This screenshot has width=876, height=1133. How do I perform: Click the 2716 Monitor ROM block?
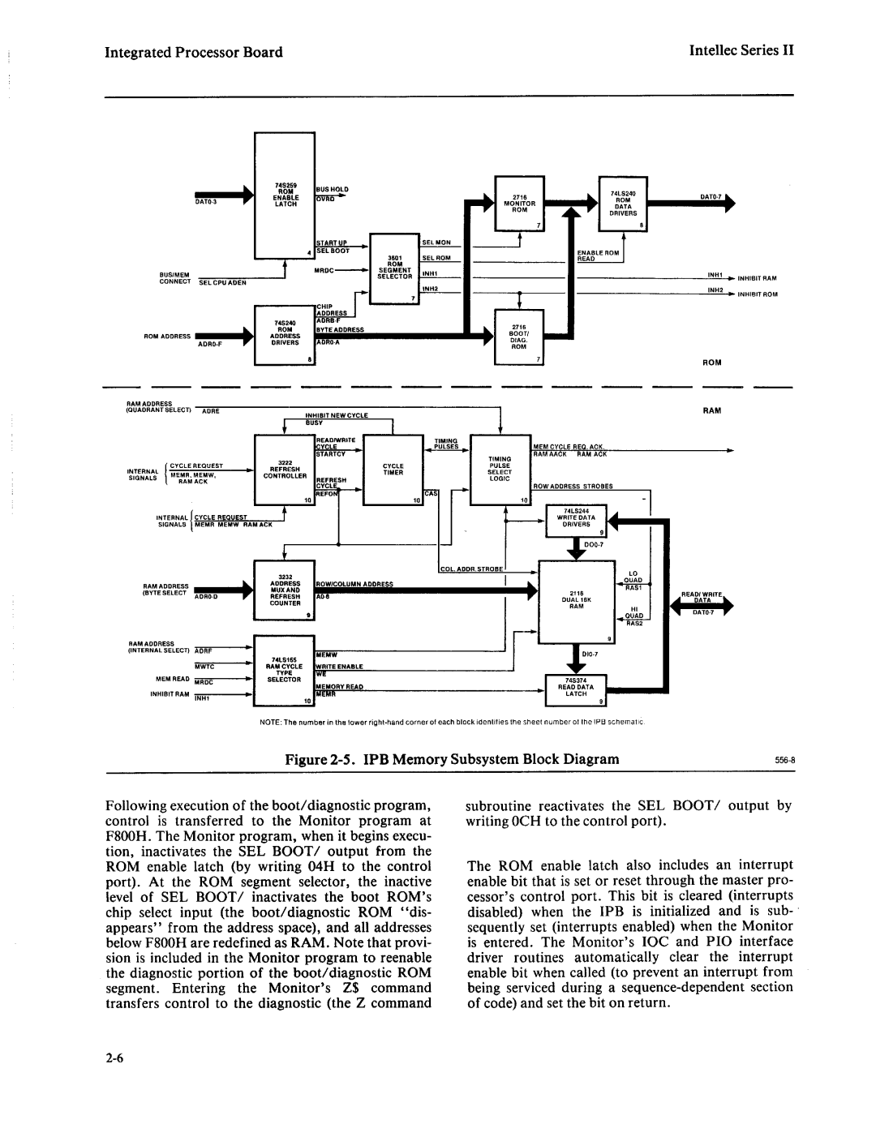[520, 204]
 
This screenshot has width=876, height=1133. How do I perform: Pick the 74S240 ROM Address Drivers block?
[285, 333]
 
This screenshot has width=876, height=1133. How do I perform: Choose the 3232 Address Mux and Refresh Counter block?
[285, 592]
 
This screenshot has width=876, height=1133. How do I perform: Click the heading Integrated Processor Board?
[194, 52]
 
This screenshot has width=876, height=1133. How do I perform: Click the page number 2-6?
[114, 1058]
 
